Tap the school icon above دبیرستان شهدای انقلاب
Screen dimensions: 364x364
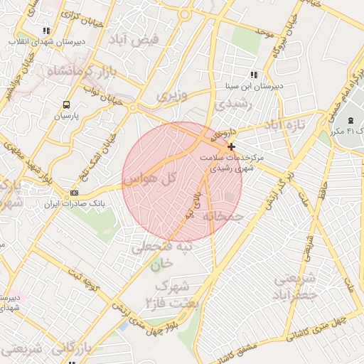coord(46,31)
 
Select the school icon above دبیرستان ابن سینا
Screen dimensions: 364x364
coord(253,75)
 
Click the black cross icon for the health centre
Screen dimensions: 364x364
coord(231,146)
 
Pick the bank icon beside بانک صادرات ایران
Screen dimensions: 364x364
coord(75,193)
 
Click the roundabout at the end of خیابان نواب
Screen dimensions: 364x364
coord(133,107)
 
